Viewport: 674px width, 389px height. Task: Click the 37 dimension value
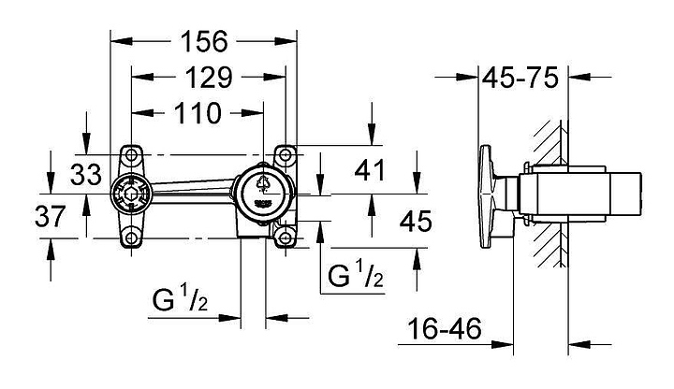(x=49, y=217)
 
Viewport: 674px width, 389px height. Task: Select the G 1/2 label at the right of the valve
(x=355, y=276)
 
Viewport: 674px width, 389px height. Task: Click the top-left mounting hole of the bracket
(x=131, y=153)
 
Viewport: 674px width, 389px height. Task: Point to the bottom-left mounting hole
(x=131, y=239)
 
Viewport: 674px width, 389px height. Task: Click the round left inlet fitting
(x=130, y=196)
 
